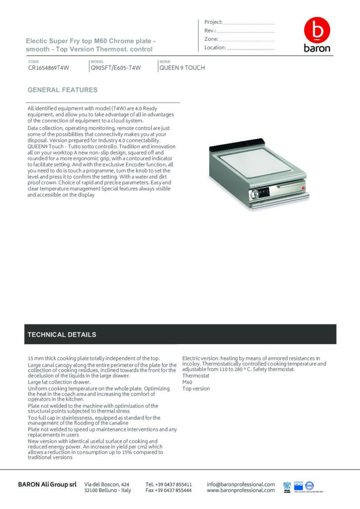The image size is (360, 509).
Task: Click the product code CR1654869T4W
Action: coord(48,68)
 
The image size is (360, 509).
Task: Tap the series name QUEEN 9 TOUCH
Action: coord(182,68)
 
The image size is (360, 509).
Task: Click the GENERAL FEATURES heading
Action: coord(62,90)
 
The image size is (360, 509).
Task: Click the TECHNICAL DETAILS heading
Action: coord(62,335)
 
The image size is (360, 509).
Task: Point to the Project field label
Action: coord(213,22)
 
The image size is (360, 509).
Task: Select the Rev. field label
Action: coord(209,31)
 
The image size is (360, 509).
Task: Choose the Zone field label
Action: coord(211,39)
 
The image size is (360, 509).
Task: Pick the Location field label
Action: coord(215,48)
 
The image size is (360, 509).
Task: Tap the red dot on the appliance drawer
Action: coord(302,187)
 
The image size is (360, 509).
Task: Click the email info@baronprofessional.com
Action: coord(241,484)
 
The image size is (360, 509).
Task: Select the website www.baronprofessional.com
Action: coord(241,490)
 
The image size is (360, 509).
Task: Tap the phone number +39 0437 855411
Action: coord(169,484)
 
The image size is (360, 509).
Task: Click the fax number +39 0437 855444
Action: coord(169,490)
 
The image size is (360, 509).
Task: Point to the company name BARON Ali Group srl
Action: coord(47,484)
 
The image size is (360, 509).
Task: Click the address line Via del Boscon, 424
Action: coord(107,484)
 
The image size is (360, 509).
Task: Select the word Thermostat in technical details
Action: coord(196,375)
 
